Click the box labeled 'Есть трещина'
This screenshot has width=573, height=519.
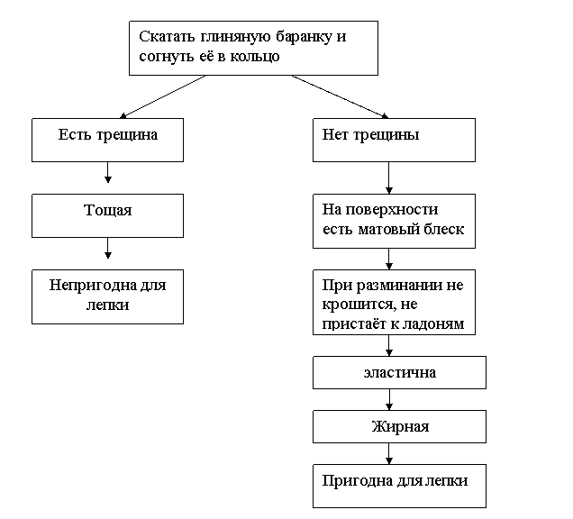107,140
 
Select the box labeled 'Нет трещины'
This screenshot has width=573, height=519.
394,140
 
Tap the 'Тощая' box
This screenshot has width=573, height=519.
107,215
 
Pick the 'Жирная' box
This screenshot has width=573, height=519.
399,426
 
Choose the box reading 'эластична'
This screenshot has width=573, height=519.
399,372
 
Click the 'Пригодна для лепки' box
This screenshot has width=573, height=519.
399,486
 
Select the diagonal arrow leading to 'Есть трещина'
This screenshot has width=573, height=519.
162,96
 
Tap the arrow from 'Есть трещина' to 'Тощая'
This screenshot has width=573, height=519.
107,172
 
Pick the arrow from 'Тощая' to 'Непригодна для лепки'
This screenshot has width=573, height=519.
107,248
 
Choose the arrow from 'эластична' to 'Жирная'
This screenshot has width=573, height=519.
389,399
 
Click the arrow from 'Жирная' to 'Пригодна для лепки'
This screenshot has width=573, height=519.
389,453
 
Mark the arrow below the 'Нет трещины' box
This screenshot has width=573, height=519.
389,178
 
